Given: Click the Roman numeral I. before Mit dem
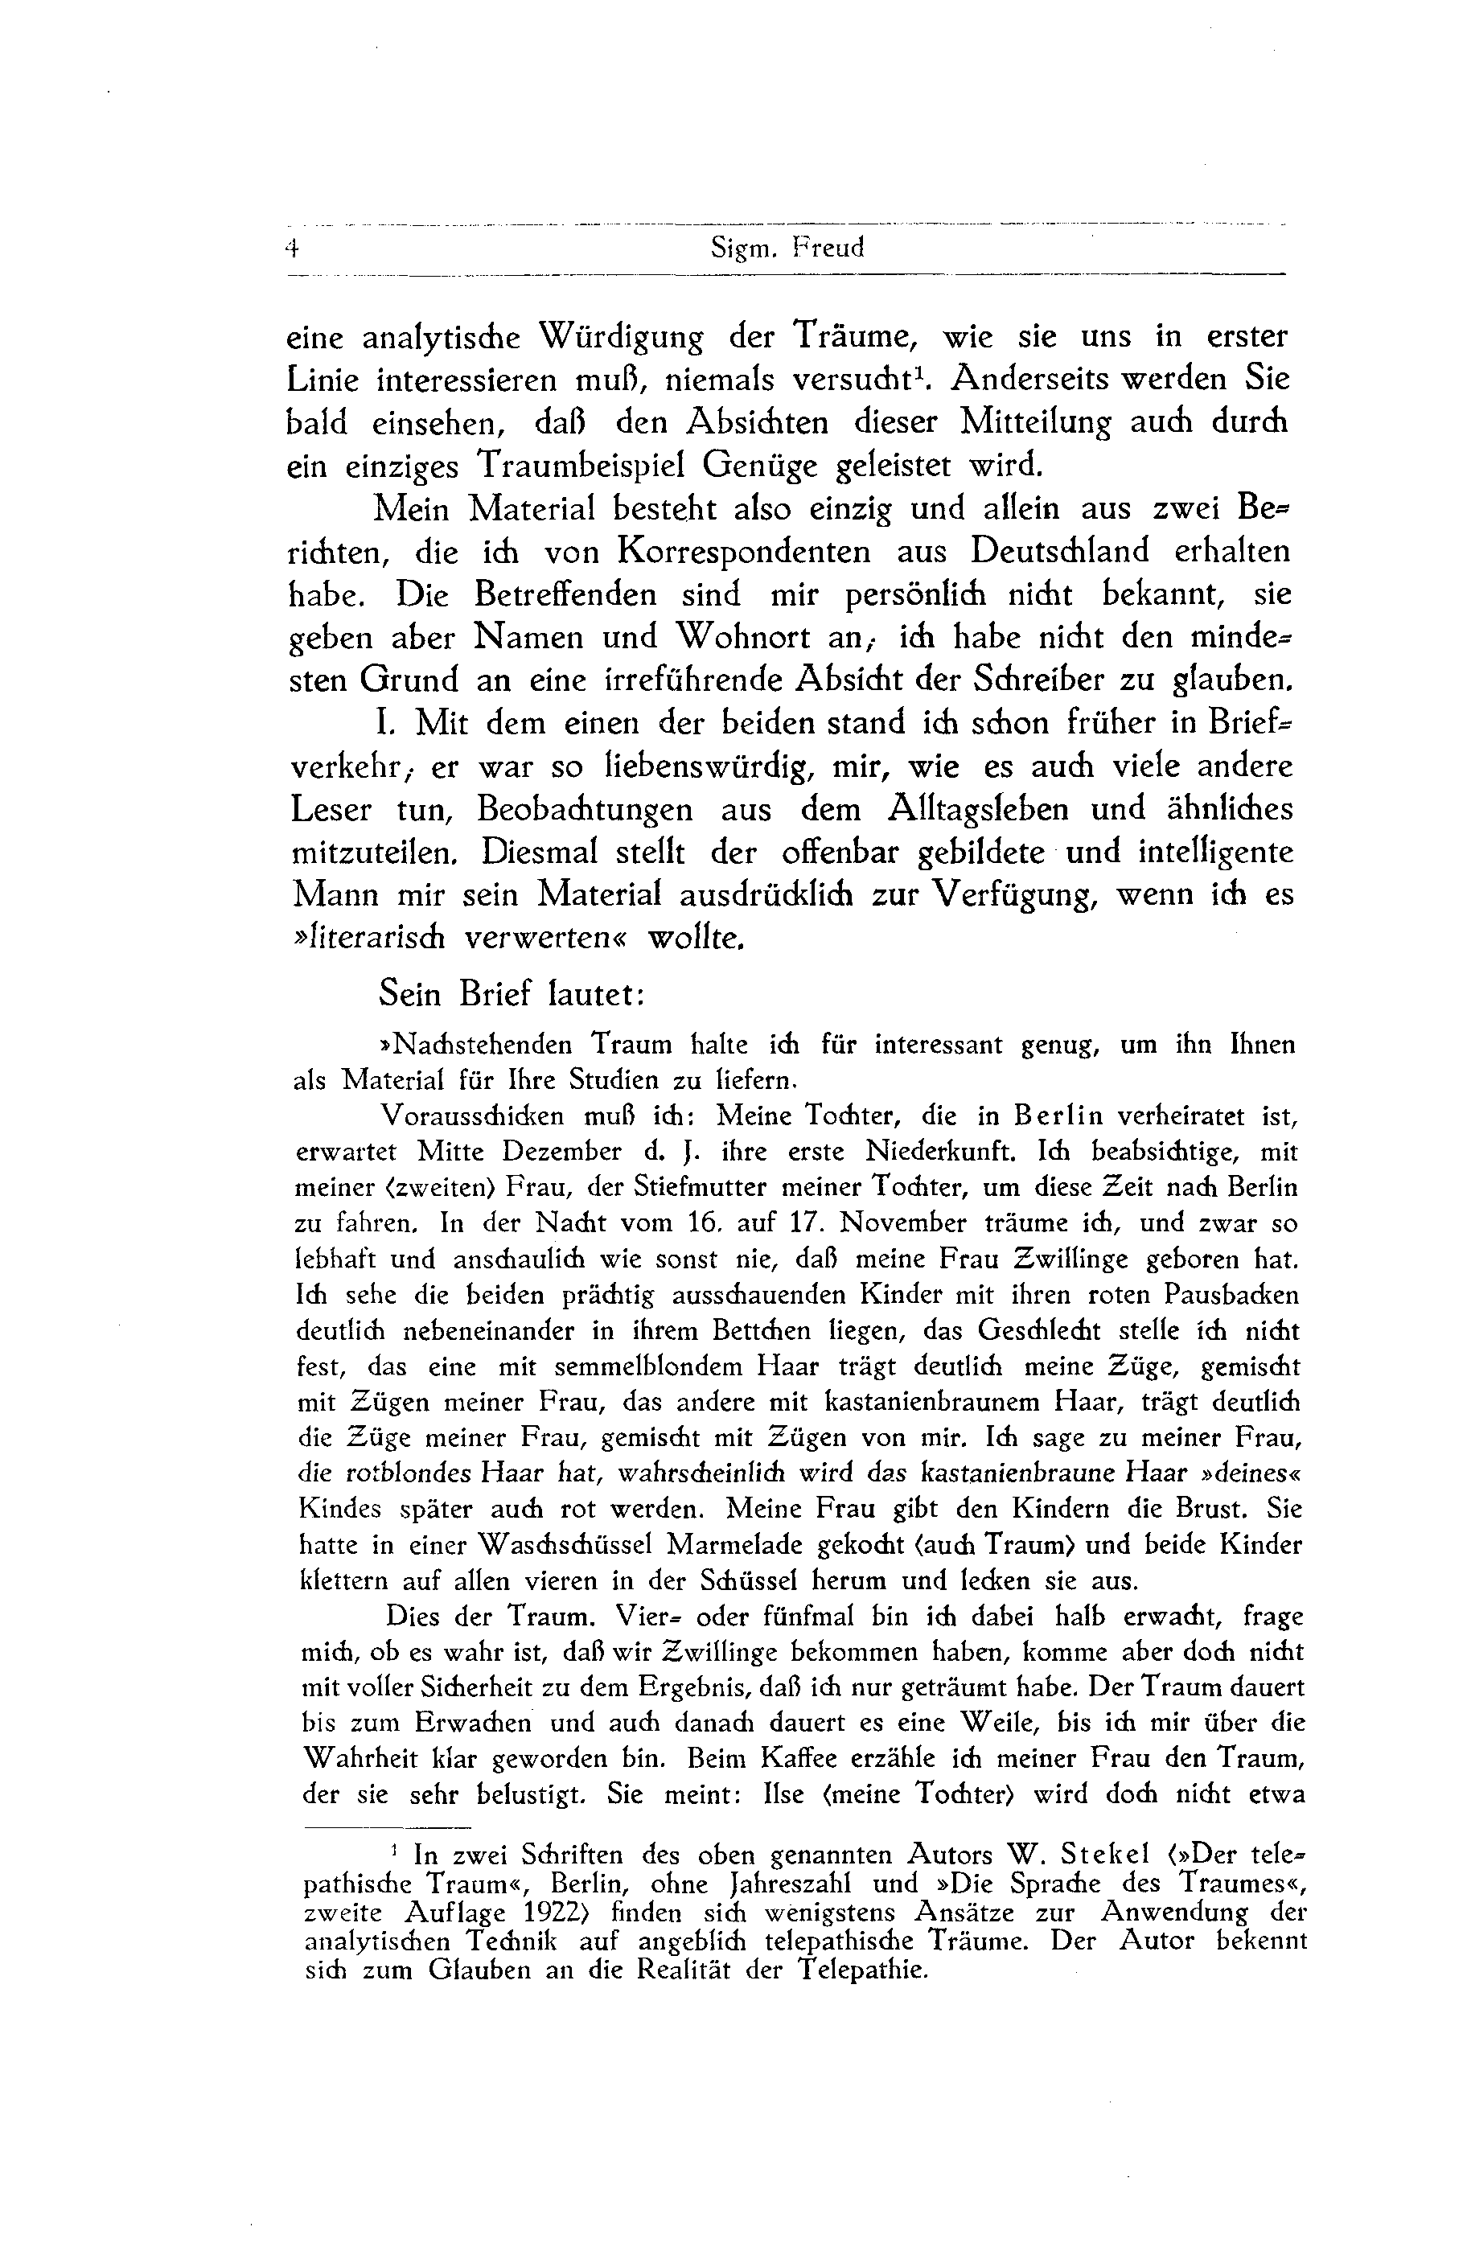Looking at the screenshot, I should tap(384, 723).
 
